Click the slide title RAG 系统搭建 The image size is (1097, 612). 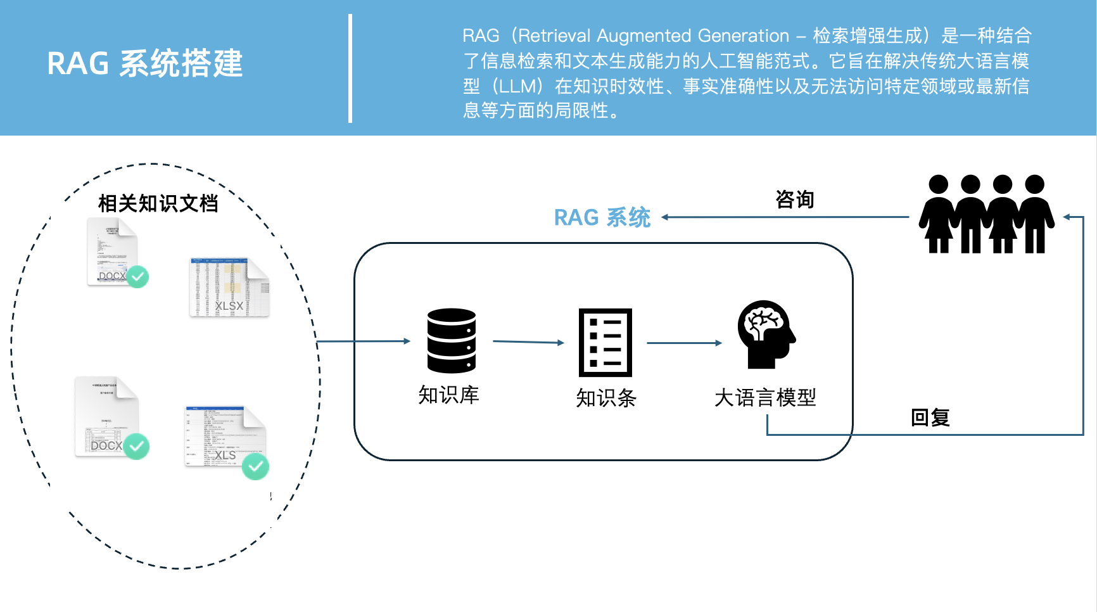point(145,63)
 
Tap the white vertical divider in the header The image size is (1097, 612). point(350,68)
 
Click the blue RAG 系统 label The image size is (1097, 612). point(602,217)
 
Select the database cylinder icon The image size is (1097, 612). point(451,340)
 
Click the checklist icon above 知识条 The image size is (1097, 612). point(605,342)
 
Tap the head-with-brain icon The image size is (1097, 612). point(765,334)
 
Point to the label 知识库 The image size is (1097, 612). point(448,395)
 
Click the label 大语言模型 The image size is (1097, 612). point(765,398)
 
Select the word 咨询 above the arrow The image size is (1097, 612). point(794,200)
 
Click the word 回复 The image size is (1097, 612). point(930,418)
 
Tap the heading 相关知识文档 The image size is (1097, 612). point(158,203)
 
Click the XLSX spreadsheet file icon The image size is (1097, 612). point(229,287)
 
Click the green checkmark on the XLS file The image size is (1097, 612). point(255,466)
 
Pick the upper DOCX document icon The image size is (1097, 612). point(112,251)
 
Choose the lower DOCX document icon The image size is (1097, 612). point(106,416)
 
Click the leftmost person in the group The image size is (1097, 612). point(938,214)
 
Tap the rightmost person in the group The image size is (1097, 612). point(1035,214)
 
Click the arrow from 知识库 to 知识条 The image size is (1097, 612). point(528,342)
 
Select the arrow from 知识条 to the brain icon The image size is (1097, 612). point(683,343)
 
